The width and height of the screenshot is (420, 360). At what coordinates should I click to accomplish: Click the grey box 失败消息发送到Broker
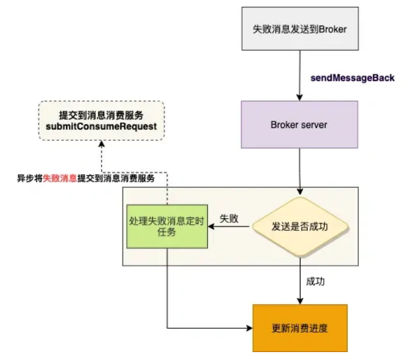[x=299, y=29]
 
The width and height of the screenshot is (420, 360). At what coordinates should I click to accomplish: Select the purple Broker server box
[x=299, y=125]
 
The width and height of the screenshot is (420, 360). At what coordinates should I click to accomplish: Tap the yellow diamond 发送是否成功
[x=299, y=227]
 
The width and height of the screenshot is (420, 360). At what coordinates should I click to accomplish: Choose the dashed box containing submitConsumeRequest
[x=101, y=121]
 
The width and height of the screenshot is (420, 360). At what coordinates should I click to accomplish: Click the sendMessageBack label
[x=353, y=78]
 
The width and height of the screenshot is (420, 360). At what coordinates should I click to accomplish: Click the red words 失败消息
[x=60, y=179]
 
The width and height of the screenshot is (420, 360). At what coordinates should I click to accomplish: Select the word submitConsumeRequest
[x=101, y=127]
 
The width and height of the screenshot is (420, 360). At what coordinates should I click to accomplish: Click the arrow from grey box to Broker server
[x=299, y=76]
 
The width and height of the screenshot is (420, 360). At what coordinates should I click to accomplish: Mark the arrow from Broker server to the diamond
[x=299, y=172]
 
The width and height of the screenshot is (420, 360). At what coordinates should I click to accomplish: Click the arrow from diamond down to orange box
[x=299, y=280]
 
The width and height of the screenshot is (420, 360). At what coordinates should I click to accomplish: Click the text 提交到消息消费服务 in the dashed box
[x=101, y=115]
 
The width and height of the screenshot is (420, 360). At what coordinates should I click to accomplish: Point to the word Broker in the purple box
[x=283, y=125]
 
